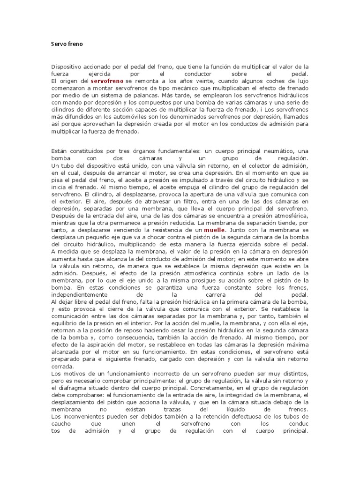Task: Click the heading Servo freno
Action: pyautogui.click(x=67, y=44)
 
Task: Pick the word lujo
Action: pyautogui.click(x=302, y=81)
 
